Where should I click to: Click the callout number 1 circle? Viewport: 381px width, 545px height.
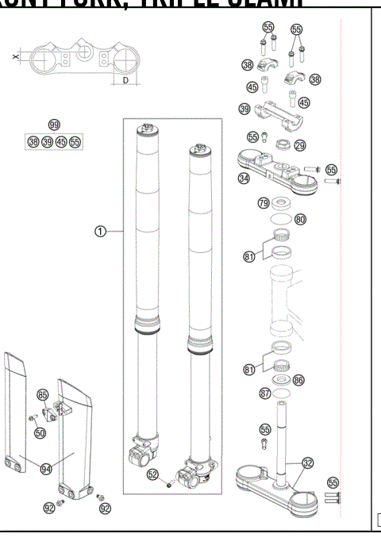100,231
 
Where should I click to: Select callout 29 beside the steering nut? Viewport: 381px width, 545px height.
299,146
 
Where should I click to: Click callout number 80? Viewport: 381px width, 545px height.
300,219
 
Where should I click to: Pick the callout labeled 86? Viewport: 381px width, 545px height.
298,381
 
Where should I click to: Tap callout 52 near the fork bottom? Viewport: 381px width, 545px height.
154,474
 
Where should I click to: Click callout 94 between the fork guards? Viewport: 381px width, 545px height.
46,469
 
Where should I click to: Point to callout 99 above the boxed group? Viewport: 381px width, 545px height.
53,125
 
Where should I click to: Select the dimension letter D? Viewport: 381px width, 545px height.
125,81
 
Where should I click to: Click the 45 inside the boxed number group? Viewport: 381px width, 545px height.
61,142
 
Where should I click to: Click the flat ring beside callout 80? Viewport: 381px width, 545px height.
277,217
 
